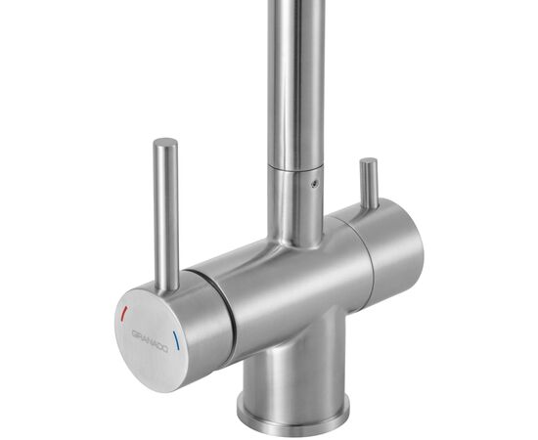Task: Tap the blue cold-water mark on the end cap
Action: click(176, 342)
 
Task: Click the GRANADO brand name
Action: click(149, 337)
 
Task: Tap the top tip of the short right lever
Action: click(368, 161)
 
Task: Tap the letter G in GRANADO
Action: click(133, 331)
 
